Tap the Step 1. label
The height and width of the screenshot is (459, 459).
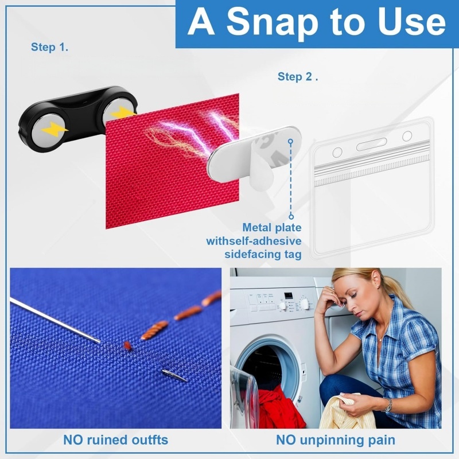pos(49,47)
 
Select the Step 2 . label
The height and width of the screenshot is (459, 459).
pos(298,76)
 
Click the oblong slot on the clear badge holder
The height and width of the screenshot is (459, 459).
pos(371,144)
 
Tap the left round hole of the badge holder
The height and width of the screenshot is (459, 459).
pos(337,152)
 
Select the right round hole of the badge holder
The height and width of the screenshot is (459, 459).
pos(407,136)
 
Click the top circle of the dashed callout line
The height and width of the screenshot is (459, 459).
pos(290,142)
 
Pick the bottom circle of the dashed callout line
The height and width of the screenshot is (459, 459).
pos(291,217)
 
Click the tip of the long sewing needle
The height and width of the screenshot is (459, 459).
pos(100,341)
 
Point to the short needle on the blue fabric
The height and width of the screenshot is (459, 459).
pos(174,376)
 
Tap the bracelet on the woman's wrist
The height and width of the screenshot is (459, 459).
pos(388,405)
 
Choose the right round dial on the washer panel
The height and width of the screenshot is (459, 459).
pos(305,304)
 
